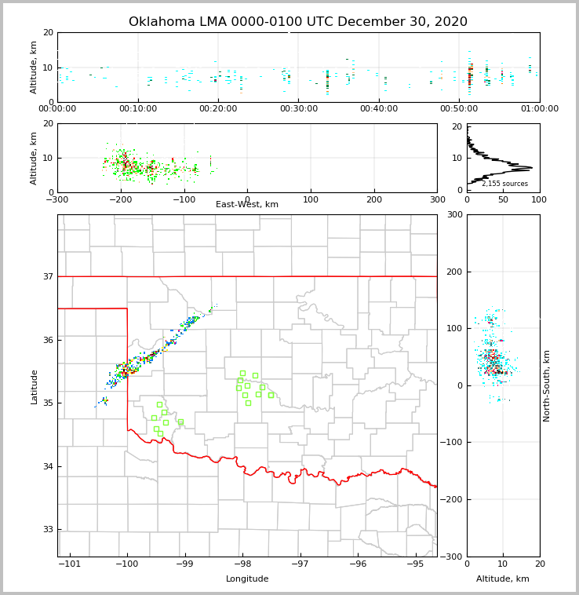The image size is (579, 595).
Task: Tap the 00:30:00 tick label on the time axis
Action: (x=298, y=109)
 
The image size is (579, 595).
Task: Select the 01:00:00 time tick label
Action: (x=539, y=109)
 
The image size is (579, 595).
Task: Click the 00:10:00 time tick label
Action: (x=138, y=109)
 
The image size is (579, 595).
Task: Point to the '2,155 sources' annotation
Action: (x=504, y=184)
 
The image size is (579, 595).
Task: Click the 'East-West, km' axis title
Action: (x=247, y=205)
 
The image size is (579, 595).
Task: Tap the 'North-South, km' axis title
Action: (x=547, y=385)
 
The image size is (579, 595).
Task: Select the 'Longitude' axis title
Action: (x=247, y=579)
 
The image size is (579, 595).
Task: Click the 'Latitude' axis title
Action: (x=35, y=386)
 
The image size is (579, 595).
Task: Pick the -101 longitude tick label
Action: (x=70, y=564)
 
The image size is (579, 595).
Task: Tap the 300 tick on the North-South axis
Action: (x=453, y=215)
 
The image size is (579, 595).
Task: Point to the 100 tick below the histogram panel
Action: (x=539, y=200)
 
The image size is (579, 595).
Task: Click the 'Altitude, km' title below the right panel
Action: (x=503, y=579)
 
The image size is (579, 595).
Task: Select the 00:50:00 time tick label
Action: (x=459, y=109)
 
